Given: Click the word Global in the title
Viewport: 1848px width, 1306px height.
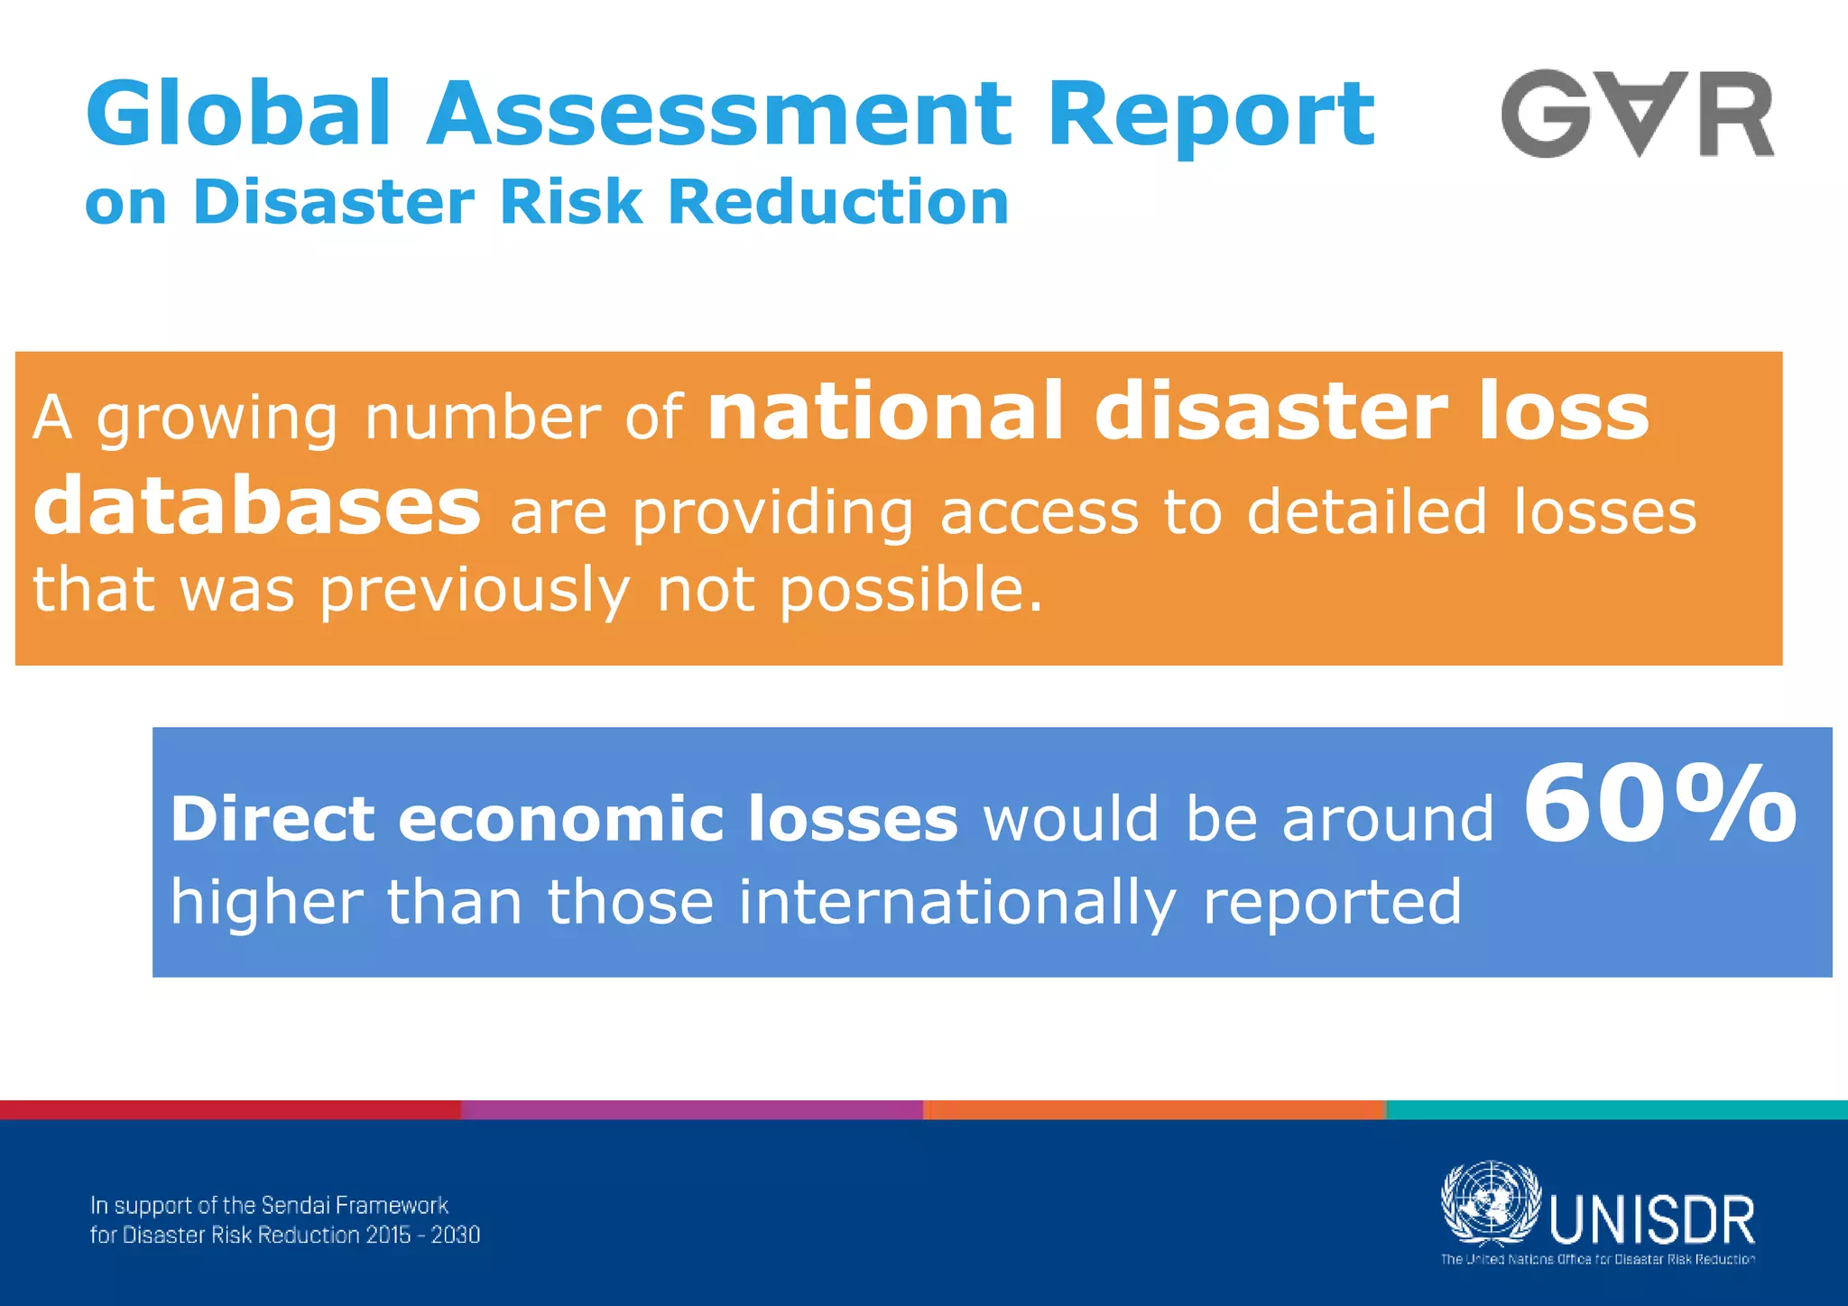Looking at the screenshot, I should pos(238,114).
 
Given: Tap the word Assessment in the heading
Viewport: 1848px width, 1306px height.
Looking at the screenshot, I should pos(719,115).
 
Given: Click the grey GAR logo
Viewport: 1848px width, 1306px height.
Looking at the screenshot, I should pos(1637,115).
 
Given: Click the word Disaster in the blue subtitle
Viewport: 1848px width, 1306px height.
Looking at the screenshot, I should pos(333,201).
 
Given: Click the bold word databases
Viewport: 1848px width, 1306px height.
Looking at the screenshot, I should pos(257,507).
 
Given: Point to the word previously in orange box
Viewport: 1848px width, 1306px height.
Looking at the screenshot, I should pos(475,591).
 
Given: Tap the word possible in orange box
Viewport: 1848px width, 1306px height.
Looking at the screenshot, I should pos(910,591).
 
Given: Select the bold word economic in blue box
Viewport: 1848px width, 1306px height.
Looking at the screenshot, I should pos(560,819).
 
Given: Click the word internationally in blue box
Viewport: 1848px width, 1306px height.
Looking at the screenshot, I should pos(956,901).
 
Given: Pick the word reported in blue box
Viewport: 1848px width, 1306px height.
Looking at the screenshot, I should pos(1332,901).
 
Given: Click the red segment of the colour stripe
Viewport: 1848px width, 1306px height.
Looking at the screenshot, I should pos(230,1109).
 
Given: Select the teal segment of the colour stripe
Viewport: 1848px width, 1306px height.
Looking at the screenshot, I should pos(1616,1109).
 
